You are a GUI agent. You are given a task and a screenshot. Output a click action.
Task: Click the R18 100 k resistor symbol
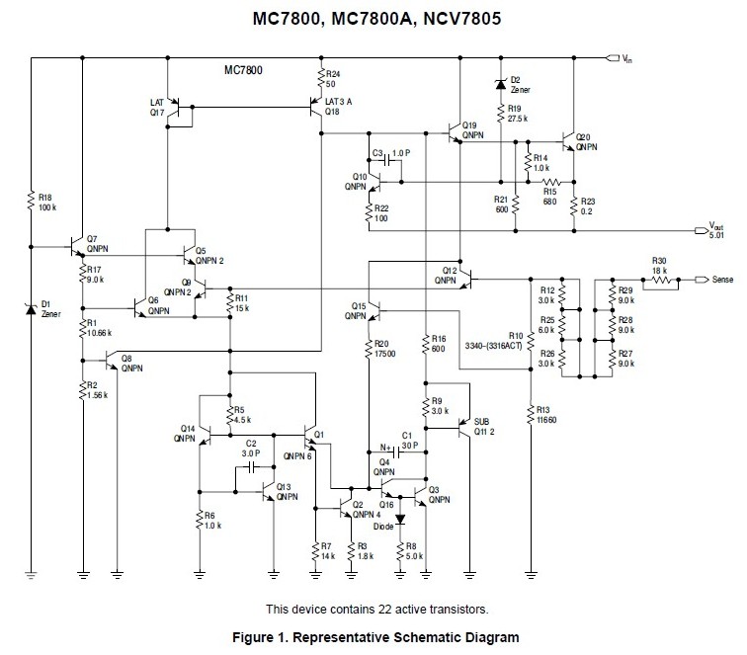(x=32, y=203)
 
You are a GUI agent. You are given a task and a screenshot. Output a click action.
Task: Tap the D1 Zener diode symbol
(x=32, y=307)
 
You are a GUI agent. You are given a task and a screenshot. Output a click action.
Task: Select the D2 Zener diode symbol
(x=499, y=85)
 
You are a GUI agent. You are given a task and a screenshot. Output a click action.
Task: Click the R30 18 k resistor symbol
(x=660, y=280)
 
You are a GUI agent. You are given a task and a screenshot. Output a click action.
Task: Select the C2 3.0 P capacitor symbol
(x=252, y=464)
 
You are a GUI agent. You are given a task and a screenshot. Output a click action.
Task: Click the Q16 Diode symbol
(x=401, y=517)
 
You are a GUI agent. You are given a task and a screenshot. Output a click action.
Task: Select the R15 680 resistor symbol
(x=550, y=182)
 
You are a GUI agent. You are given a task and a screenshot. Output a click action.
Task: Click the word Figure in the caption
(x=249, y=636)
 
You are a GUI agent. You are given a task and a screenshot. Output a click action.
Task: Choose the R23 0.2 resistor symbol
(x=573, y=205)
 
